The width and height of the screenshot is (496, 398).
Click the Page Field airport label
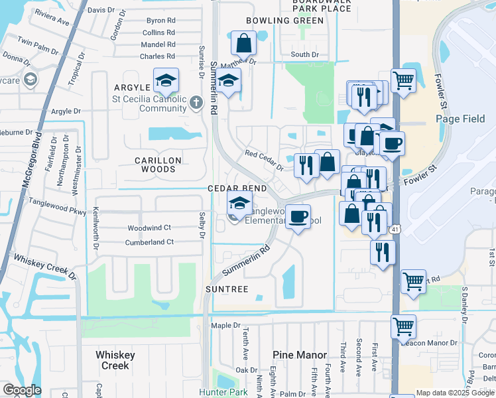[461, 118]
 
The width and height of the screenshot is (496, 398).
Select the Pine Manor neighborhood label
[300, 355]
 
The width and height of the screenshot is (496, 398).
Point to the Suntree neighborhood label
[227, 289]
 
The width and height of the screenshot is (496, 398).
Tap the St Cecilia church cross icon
[195, 103]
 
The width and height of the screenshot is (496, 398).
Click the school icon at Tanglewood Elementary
[239, 204]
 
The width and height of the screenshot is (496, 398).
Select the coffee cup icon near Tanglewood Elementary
[298, 216]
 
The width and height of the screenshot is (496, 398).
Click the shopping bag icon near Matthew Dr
[244, 43]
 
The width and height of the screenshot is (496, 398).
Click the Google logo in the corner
[21, 390]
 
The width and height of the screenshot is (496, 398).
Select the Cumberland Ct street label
[149, 242]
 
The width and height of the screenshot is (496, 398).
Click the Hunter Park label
[222, 393]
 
